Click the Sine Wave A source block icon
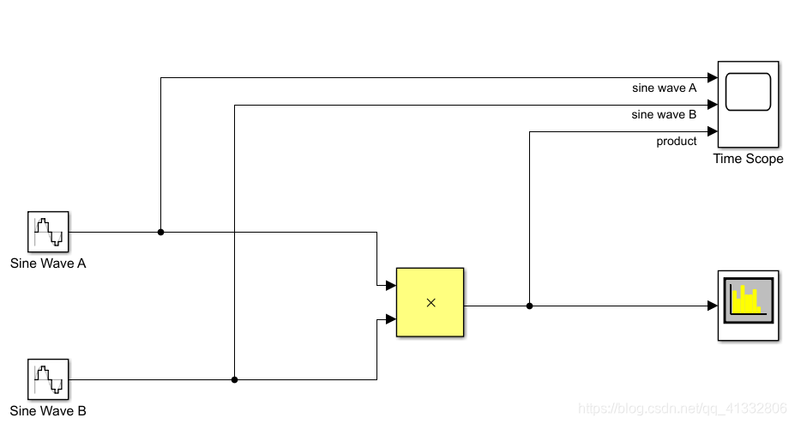point(48,233)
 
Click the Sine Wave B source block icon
point(48,379)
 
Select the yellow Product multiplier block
point(430,302)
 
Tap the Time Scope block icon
point(748,105)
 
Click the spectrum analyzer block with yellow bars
point(748,305)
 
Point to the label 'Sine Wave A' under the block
point(48,263)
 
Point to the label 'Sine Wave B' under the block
point(48,410)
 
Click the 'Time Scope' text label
point(748,159)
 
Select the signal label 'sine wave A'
point(664,88)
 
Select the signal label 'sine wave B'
point(664,114)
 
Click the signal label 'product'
point(677,141)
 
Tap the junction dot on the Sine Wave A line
point(160,232)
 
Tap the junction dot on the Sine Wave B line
point(234,379)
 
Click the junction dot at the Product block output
point(529,306)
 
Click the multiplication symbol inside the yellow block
point(431,302)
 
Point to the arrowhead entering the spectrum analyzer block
point(713,306)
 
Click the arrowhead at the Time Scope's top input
point(713,78)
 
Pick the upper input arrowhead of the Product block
point(391,285)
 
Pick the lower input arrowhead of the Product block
point(391,319)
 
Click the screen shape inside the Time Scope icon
point(748,92)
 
